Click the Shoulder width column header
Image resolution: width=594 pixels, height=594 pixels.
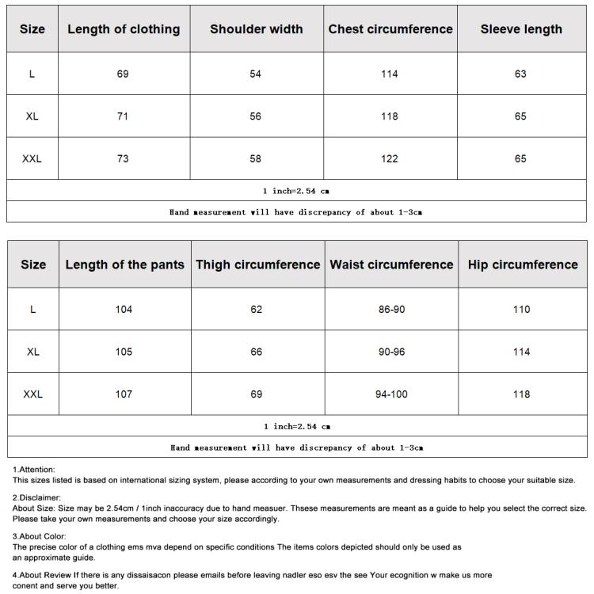coord(256,29)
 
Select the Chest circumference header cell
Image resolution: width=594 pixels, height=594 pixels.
coord(390,29)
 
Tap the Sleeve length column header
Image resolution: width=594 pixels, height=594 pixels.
coord(521,29)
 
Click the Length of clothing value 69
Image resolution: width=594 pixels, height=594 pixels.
coord(123,74)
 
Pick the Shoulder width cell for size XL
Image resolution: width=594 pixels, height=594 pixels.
coord(256,116)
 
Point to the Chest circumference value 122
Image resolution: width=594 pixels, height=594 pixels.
coord(390,158)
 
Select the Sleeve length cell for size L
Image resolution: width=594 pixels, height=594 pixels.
coord(520,74)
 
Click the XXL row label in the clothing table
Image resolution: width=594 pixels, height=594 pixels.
coord(32,158)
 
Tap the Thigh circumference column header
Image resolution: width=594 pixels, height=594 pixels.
coord(258,265)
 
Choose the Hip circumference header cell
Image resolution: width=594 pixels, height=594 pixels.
coord(523,265)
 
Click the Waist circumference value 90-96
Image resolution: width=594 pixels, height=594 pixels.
coord(391,352)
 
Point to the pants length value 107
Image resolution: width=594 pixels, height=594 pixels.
coord(124,394)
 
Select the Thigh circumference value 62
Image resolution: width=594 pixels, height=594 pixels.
coord(257,309)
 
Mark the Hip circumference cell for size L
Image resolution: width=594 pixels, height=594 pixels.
coord(521,309)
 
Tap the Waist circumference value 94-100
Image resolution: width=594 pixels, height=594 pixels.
coord(391,394)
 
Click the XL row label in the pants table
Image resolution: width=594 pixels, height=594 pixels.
coord(32,352)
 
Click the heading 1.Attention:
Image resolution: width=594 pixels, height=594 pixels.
coord(34,470)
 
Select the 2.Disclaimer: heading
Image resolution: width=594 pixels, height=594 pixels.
coord(36,497)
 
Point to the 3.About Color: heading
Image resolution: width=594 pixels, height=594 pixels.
coord(40,536)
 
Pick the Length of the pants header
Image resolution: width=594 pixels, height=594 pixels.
coord(124,265)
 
